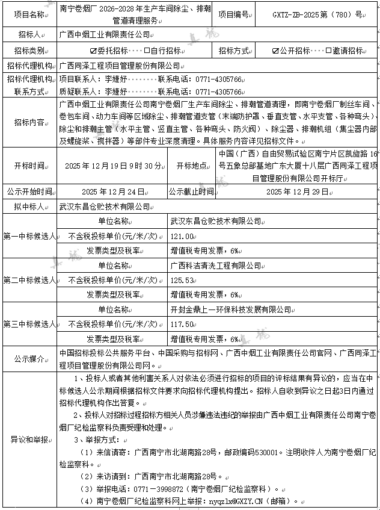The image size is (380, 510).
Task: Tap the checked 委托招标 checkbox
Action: (93, 51)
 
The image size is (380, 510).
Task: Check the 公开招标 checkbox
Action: (275, 51)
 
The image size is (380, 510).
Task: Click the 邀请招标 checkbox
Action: (328, 51)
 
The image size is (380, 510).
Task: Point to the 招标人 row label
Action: (28, 35)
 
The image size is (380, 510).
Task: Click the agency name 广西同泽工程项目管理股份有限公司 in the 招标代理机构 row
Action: (121, 65)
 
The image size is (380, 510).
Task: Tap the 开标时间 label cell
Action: (28, 166)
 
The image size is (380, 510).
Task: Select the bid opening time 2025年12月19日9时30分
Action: (113, 166)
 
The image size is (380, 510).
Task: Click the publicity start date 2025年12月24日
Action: (113, 191)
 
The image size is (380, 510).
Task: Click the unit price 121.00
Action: (182, 236)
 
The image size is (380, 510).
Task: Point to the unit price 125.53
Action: (182, 280)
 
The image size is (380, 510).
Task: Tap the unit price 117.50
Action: (182, 324)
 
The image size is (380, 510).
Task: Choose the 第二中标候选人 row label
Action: (28, 280)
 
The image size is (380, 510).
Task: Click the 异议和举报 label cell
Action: (28, 439)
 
